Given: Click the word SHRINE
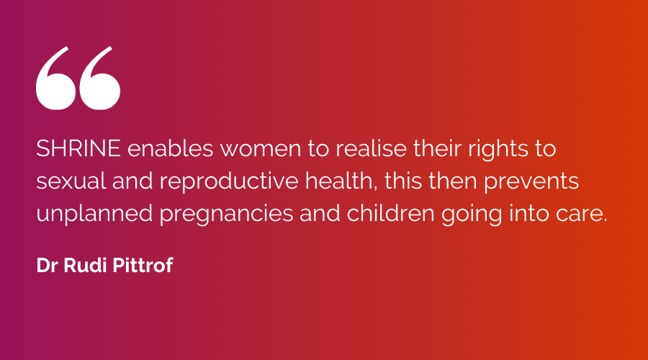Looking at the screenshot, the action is [x=78, y=148].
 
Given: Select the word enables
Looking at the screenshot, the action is [x=170, y=148].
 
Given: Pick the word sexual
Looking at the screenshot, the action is [x=71, y=181].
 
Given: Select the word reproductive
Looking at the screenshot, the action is [x=229, y=182].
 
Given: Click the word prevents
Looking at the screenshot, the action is [x=531, y=183].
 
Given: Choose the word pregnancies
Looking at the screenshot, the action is [x=227, y=215].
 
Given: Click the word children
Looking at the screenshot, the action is [x=390, y=213].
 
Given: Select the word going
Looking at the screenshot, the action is [x=472, y=215].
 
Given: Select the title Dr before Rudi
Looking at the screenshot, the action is [x=47, y=266].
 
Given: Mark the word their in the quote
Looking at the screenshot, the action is [x=437, y=148].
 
